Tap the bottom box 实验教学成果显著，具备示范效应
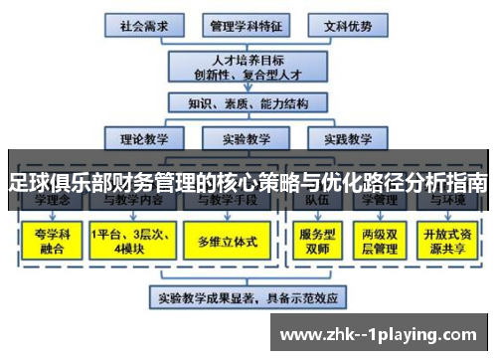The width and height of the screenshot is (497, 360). tap(248, 296)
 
